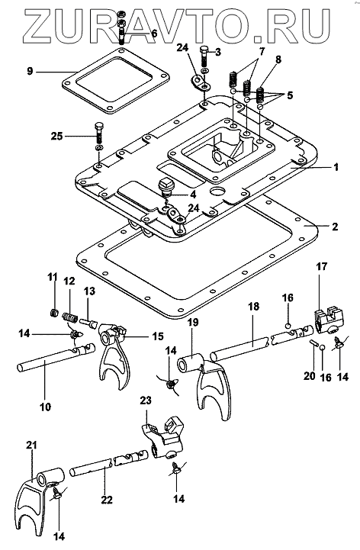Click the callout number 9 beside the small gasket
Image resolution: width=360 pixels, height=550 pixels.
click(30, 72)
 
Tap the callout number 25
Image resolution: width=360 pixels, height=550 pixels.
click(56, 136)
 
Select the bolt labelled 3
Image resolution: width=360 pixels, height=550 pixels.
click(204, 57)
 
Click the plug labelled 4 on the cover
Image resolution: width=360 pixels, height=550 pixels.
click(164, 186)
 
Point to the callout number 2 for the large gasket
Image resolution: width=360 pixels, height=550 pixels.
click(335, 227)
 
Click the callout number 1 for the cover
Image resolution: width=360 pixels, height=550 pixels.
click(336, 167)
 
